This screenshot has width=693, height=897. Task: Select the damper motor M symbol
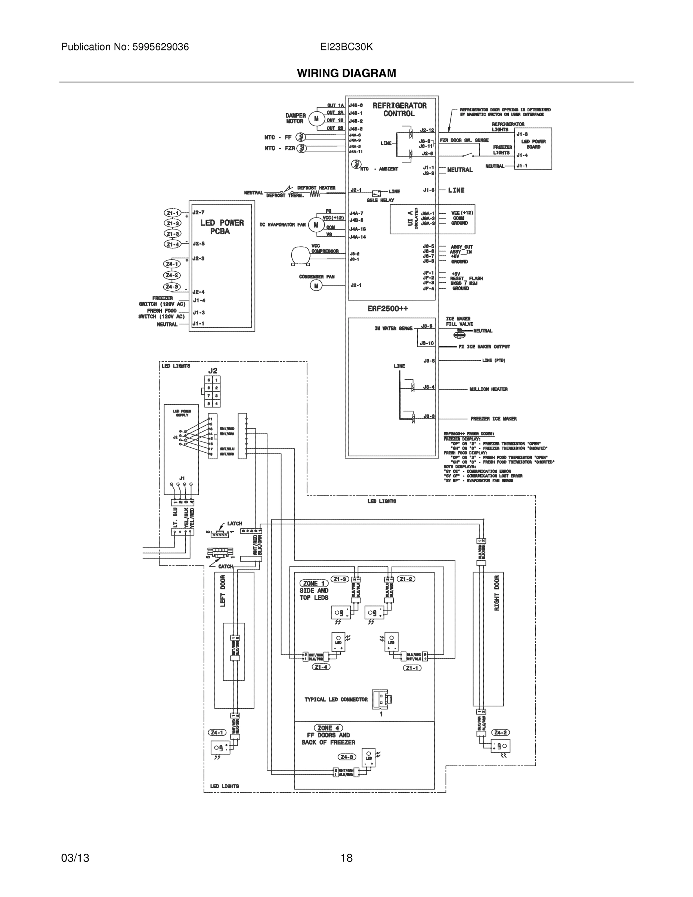316,119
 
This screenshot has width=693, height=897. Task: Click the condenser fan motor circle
316,286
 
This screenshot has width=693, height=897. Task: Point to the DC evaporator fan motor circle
316,225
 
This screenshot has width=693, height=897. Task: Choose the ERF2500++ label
387,308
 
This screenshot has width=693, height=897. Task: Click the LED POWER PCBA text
222,227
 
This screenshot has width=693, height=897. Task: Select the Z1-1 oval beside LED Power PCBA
173,213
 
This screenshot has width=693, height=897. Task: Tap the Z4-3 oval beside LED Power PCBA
172,287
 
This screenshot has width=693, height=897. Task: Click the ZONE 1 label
314,583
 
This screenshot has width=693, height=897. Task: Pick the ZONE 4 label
328,728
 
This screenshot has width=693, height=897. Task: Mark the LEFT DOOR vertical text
223,591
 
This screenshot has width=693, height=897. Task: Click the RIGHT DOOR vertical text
497,593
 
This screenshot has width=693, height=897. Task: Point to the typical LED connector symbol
382,699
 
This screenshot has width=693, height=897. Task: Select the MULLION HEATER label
489,389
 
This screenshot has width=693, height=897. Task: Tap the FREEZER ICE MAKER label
494,419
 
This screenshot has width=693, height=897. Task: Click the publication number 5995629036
160,47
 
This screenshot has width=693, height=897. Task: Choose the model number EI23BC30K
347,47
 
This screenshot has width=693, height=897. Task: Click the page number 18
347,858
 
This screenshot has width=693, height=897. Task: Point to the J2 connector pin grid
213,391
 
